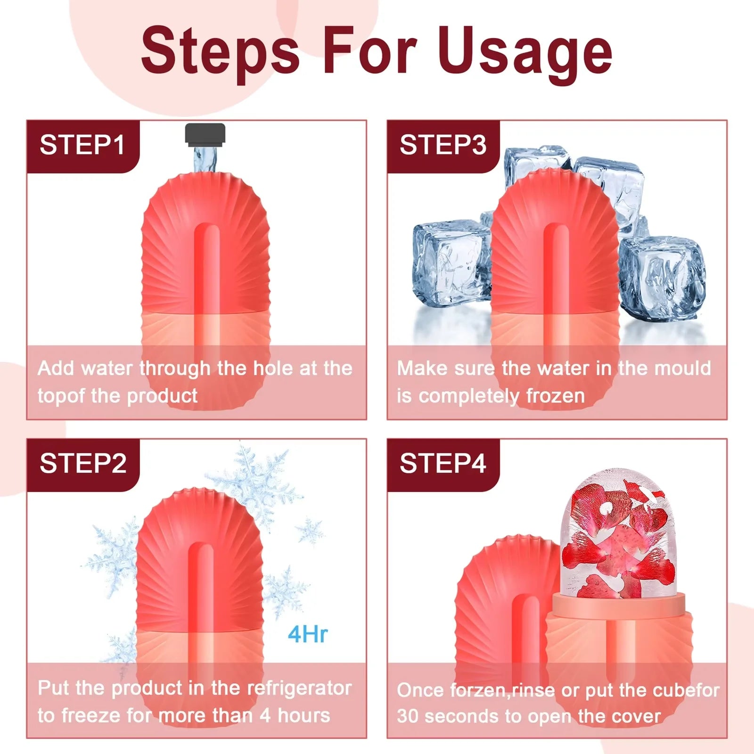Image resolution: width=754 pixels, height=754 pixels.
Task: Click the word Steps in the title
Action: (x=220, y=52)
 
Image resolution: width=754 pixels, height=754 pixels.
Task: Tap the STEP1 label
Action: (x=82, y=145)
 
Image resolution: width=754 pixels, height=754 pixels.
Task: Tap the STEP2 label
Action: (x=83, y=464)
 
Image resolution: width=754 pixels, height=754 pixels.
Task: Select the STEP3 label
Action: (x=443, y=145)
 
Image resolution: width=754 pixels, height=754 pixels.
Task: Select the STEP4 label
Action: (x=443, y=464)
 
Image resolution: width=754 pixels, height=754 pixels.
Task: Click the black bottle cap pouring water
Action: (x=205, y=134)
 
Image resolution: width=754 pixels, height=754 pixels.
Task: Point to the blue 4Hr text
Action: (x=308, y=634)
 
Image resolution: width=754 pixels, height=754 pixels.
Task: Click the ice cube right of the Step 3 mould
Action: (x=662, y=278)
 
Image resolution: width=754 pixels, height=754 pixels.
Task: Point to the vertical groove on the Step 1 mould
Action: (x=206, y=273)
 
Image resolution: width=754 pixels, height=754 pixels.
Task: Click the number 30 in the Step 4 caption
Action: (x=408, y=716)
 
